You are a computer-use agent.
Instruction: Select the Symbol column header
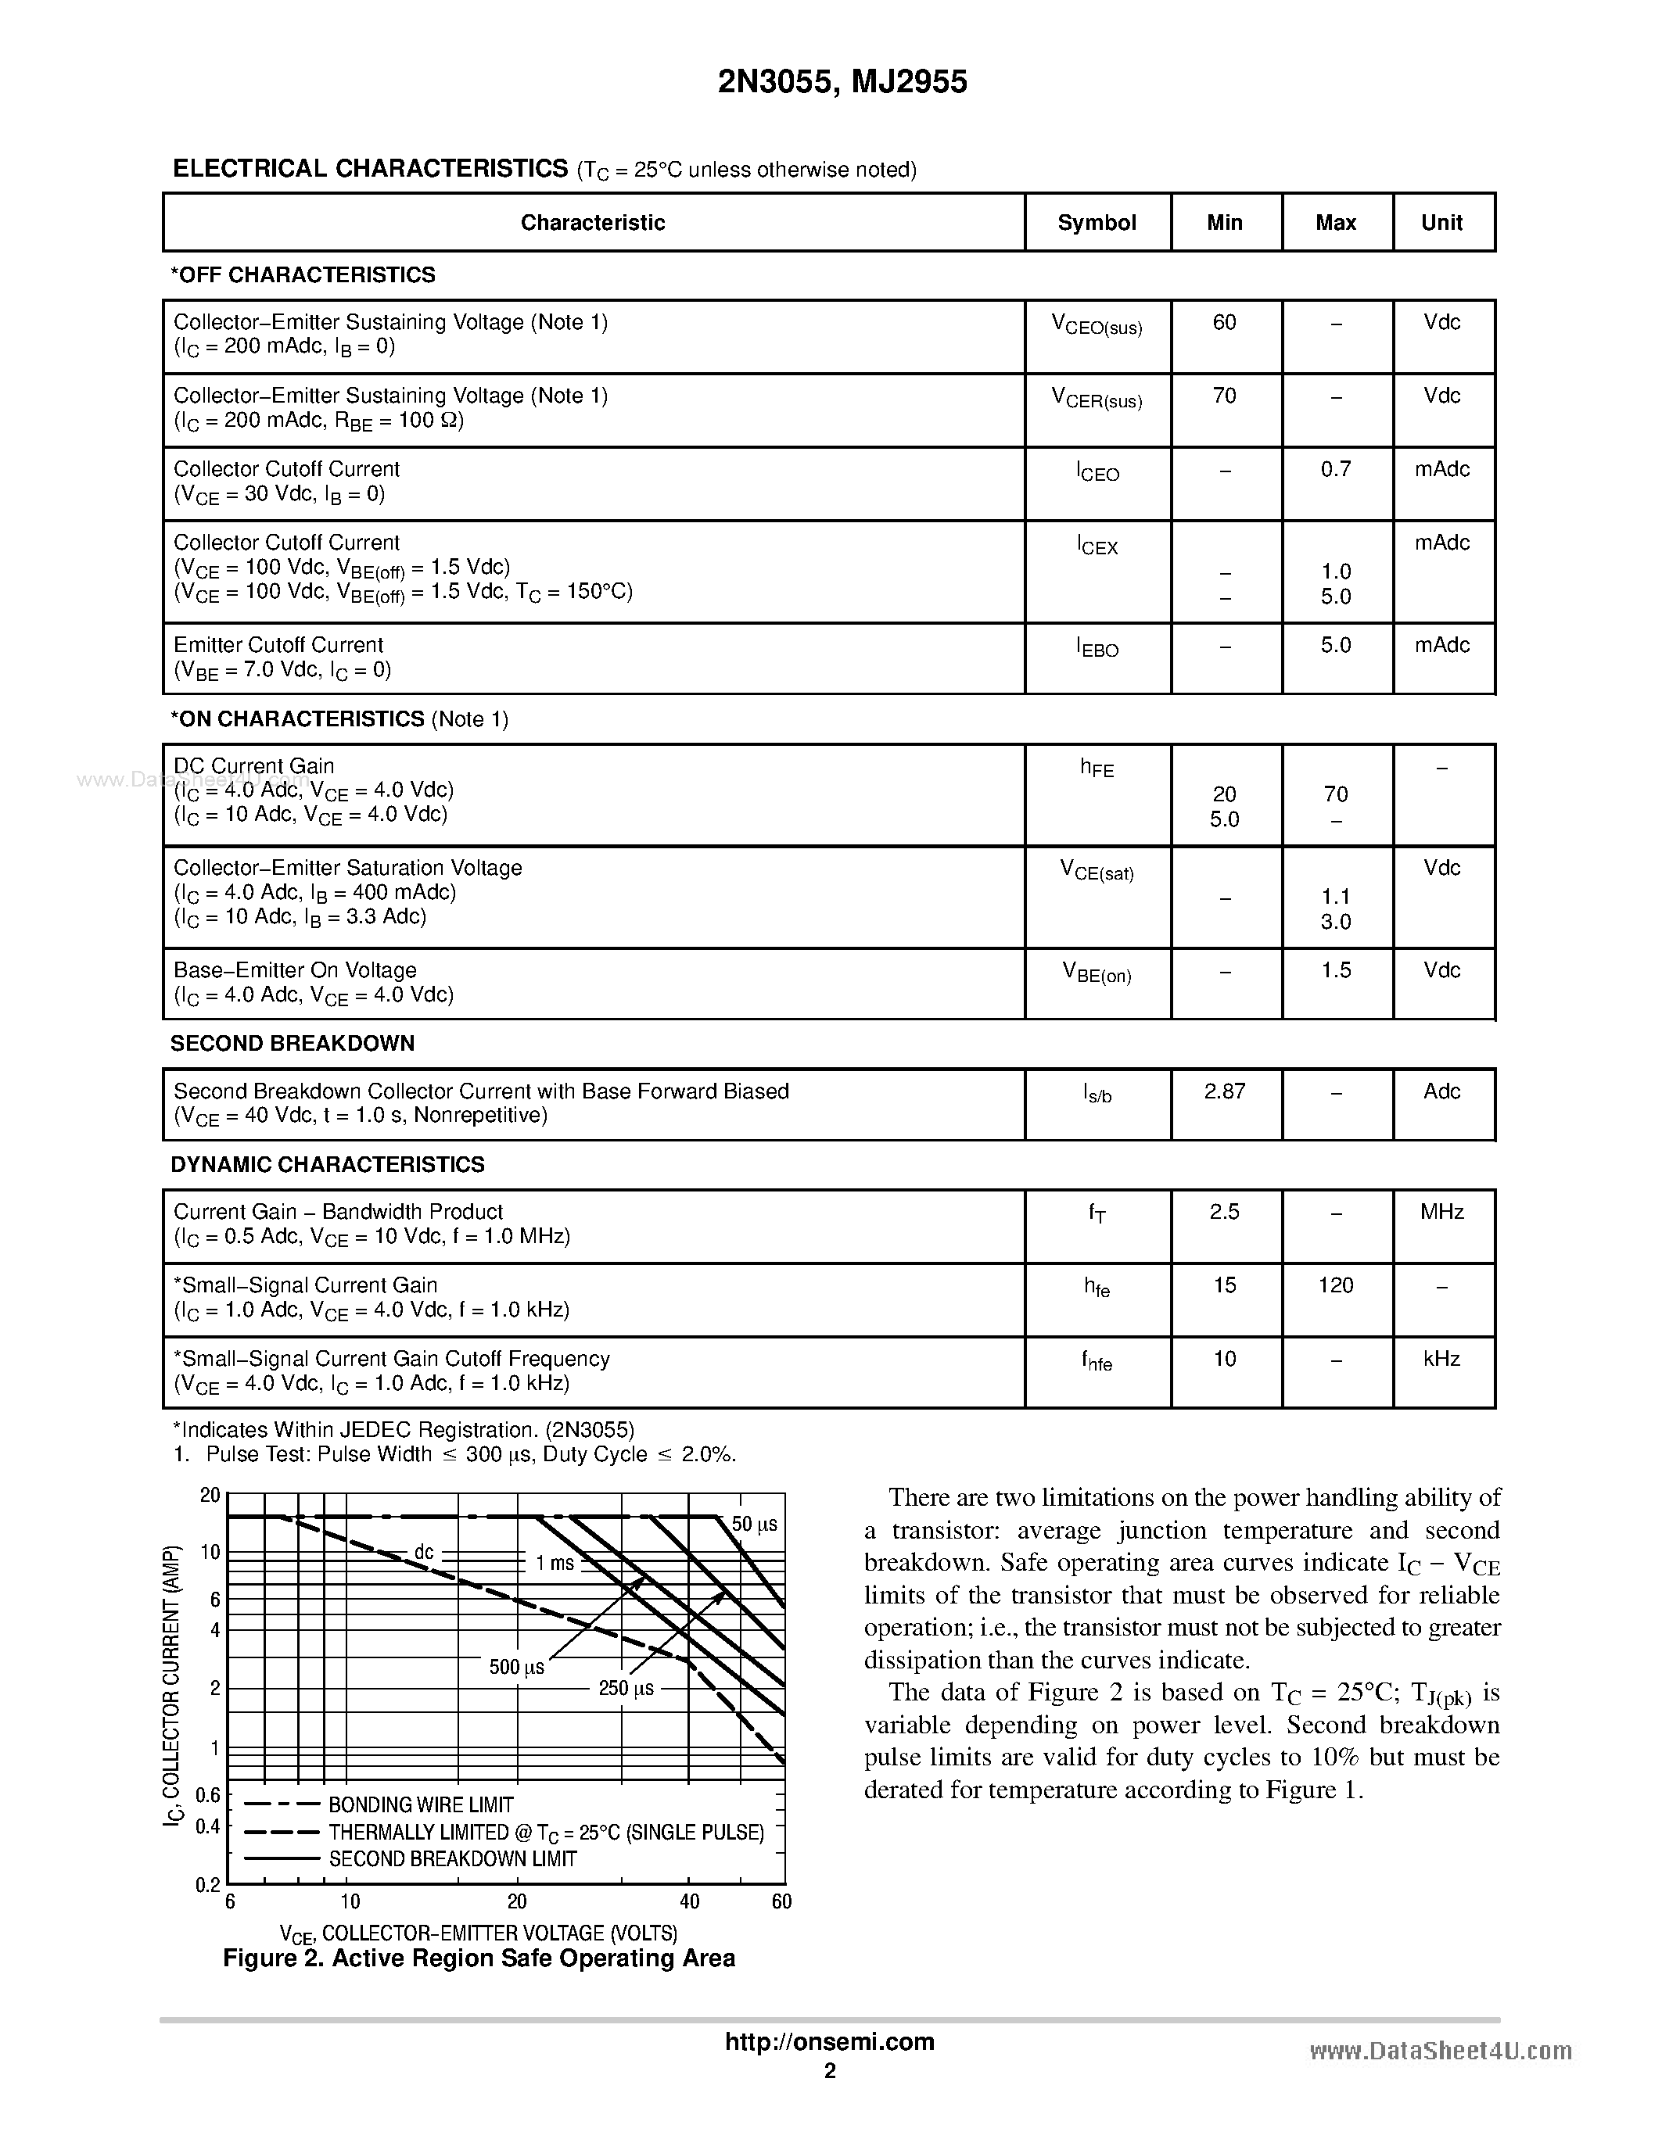(1096, 223)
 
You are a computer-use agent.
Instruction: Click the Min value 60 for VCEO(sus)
(1224, 323)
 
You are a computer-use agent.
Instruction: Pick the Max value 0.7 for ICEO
(1335, 470)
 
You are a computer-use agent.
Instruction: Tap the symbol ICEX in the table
(1097, 546)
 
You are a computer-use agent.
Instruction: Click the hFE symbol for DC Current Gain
(1097, 768)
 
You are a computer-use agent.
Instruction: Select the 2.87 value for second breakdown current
(1224, 1091)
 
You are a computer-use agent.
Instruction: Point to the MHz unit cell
(1441, 1212)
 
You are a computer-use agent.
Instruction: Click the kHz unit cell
(1441, 1359)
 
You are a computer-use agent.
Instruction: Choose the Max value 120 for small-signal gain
(1335, 1285)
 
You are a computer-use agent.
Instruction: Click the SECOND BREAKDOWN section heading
(293, 1044)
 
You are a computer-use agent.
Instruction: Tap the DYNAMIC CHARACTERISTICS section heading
(327, 1165)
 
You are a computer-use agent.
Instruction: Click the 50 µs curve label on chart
(754, 1524)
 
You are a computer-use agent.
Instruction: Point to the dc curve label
(423, 1551)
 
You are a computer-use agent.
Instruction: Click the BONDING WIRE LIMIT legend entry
(421, 1804)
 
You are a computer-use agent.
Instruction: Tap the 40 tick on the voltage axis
(689, 1901)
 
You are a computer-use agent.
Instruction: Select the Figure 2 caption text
(479, 1958)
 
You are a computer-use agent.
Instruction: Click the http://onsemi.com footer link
(829, 2041)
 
